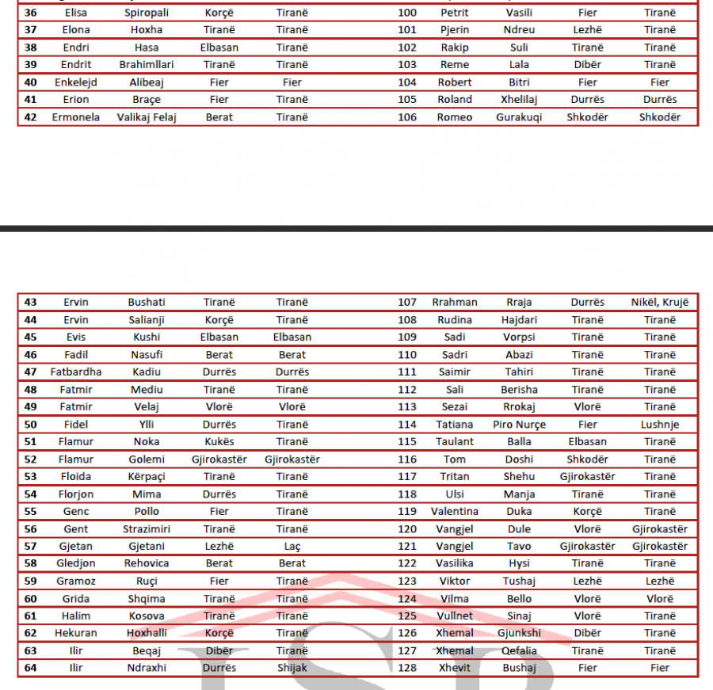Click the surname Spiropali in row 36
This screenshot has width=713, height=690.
tap(147, 13)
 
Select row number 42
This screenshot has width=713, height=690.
tap(31, 117)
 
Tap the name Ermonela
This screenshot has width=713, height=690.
tap(76, 117)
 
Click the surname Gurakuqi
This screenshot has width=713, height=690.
tap(520, 117)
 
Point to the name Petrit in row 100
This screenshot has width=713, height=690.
tap(455, 13)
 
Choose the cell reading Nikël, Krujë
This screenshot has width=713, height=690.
tap(660, 302)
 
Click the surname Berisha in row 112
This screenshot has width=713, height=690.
tap(519, 389)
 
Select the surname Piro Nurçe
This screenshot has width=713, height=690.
tap(519, 424)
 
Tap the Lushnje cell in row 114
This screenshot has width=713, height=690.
tap(660, 424)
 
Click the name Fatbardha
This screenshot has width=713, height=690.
tap(76, 372)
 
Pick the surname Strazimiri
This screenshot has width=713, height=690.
tap(147, 528)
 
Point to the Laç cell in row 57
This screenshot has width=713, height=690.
tap(292, 546)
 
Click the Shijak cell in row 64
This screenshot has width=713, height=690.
tap(292, 668)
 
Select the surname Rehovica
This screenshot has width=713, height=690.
tap(147, 563)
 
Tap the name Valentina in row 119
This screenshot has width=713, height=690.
tap(455, 511)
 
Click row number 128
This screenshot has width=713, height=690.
tap(407, 668)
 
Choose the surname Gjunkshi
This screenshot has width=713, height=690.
tap(519, 633)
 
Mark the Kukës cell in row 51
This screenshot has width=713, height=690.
tap(219, 441)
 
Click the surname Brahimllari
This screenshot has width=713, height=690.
tap(147, 65)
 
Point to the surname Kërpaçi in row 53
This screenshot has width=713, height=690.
tap(147, 476)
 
